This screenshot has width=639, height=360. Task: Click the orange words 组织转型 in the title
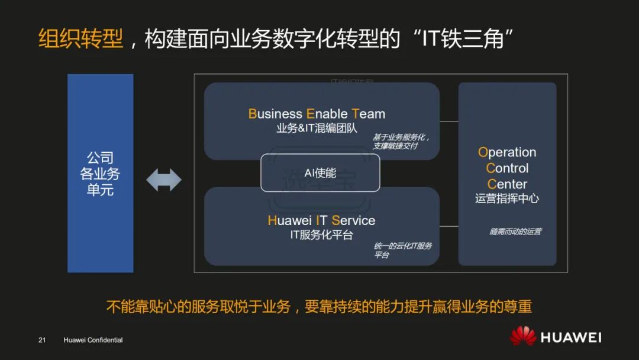click(81, 39)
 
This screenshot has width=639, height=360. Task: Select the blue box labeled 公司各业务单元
click(100, 173)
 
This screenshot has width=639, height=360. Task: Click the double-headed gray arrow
click(164, 180)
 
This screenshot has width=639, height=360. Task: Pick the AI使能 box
click(320, 173)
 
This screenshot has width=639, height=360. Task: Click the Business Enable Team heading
click(317, 114)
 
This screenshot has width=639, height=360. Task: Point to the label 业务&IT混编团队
click(317, 128)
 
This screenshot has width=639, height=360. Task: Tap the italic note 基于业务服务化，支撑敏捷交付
click(401, 142)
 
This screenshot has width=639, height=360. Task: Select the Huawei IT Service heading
click(321, 221)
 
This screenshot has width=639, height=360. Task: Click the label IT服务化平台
click(321, 235)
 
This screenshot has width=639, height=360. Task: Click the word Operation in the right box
click(507, 152)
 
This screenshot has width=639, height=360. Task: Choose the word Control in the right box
click(507, 168)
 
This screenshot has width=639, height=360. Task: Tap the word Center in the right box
click(507, 184)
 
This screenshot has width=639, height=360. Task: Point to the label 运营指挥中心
click(507, 199)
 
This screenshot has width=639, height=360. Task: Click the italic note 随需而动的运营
click(515, 232)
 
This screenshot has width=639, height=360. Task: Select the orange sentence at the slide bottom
click(319, 307)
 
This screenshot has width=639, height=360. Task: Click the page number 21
click(42, 340)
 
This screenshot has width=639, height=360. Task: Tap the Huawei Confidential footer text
click(93, 340)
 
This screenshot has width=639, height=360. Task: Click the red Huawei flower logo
click(523, 336)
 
